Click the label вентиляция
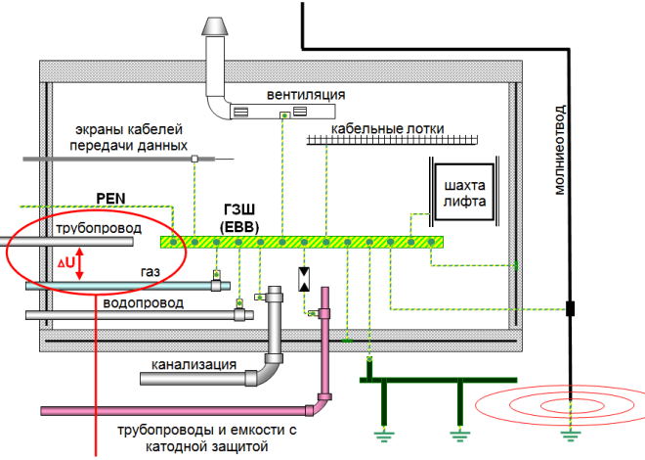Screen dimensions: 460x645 point(306,95)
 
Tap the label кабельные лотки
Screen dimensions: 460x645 point(388,127)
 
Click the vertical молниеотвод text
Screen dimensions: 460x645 point(560,148)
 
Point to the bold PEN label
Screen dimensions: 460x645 point(112,197)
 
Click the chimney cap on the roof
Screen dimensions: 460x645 point(215,27)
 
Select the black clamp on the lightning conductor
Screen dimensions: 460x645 point(570,309)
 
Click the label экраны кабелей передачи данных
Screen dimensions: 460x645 point(135,137)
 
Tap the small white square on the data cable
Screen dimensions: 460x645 point(194,158)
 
